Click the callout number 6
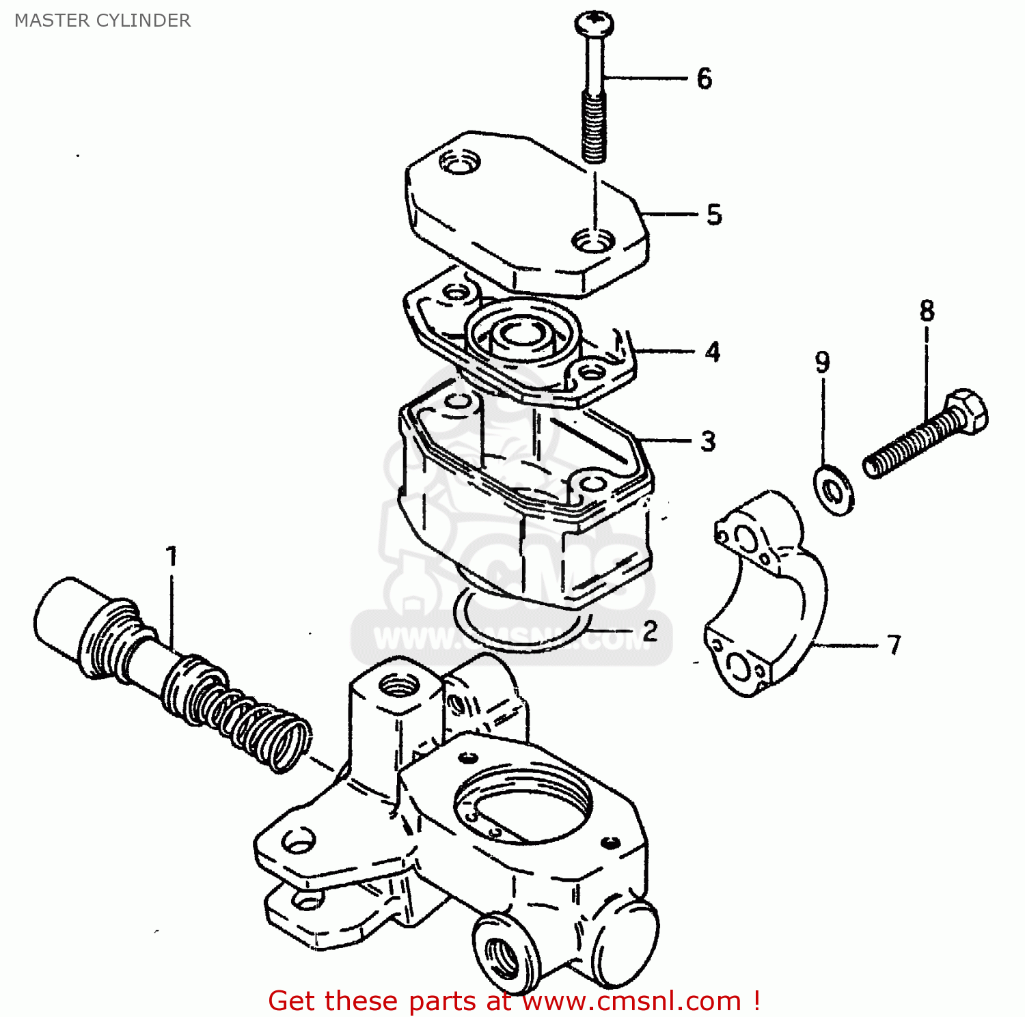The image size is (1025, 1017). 705,79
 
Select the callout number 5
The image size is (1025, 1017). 714,214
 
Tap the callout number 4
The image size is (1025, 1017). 713,352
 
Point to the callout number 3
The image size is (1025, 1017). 709,441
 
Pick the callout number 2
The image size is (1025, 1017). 650,630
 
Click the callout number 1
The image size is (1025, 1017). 172,557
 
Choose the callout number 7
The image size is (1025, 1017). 894,645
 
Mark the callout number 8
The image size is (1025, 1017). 927,311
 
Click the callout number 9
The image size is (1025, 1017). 823,362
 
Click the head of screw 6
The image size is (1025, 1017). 593,25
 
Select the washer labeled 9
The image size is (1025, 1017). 834,490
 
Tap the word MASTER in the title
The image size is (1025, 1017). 52,20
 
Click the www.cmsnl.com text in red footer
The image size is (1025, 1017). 632,1001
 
